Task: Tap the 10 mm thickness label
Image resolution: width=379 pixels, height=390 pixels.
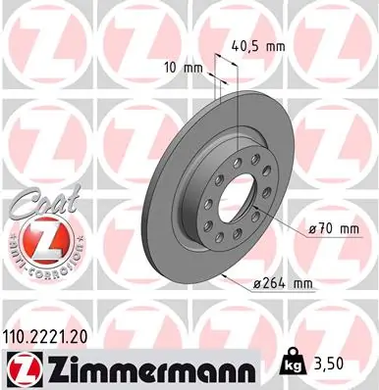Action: tap(184, 68)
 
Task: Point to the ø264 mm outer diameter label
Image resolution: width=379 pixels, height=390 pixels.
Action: tap(283, 284)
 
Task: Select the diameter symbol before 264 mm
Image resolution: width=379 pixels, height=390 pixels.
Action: tap(257, 285)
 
